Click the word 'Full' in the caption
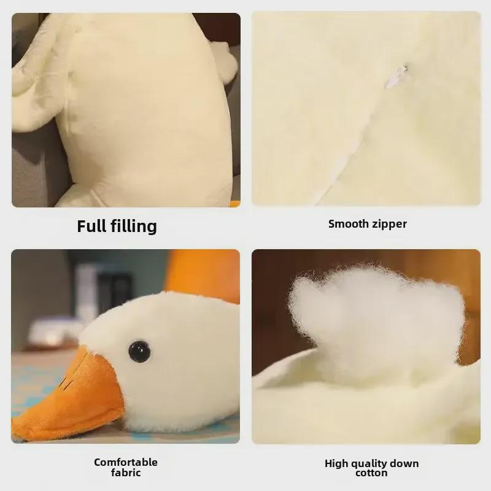[91, 226]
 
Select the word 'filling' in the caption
[133, 226]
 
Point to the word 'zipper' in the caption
[389, 223]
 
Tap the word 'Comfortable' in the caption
[126, 462]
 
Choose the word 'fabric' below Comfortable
[126, 473]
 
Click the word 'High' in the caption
[337, 463]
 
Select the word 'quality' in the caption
[372, 463]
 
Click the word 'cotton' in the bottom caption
[371, 473]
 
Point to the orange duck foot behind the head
[206, 276]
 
